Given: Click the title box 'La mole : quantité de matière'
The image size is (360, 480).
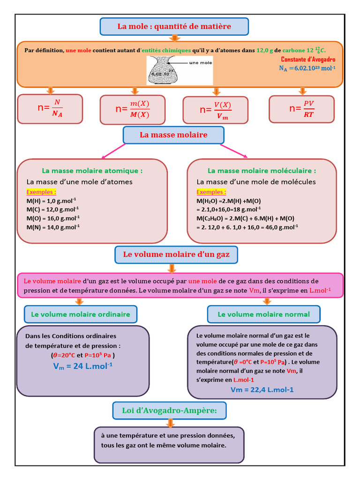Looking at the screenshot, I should (174, 27).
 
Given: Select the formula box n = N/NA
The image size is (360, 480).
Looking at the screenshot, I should (50, 109).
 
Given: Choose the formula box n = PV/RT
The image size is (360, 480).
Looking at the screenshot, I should (301, 109).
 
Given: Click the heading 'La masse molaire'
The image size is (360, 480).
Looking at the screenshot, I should (173, 135).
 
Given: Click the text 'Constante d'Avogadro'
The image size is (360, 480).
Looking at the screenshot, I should (308, 60).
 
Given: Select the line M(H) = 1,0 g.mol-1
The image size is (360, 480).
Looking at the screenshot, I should (51, 201).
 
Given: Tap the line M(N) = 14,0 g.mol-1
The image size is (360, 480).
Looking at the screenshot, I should (53, 227).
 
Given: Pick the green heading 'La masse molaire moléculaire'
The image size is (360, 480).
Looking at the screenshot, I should (262, 171).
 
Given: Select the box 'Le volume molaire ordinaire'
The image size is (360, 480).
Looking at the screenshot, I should (81, 314).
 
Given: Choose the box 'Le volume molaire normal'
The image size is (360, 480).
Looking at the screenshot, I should (264, 314).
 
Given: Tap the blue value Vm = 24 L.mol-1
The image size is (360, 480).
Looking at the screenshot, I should (83, 366).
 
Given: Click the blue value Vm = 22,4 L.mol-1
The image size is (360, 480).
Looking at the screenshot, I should (262, 390).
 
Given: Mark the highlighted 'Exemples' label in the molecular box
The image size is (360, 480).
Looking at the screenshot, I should (211, 192).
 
